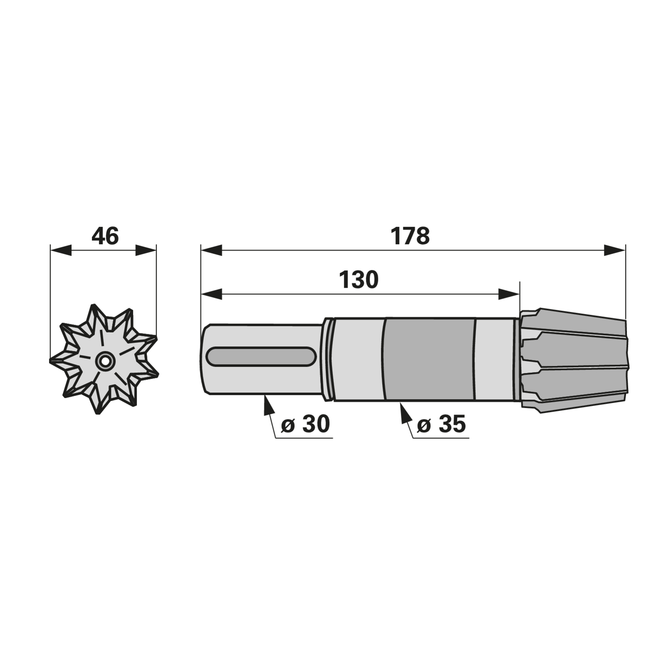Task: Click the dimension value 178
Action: (410, 236)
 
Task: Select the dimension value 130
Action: (358, 280)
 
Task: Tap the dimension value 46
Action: (105, 236)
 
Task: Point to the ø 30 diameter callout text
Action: (305, 424)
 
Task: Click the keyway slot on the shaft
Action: (261, 357)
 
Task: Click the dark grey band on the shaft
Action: (430, 360)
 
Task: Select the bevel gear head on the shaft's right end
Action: (574, 360)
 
